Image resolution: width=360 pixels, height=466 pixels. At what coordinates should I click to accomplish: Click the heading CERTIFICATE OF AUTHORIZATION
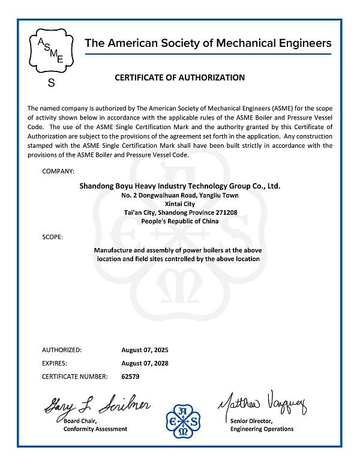[x=179, y=77]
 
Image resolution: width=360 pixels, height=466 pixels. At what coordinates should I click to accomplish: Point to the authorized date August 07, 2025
[x=140, y=349]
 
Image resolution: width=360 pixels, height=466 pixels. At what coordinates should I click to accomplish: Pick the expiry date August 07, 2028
[x=140, y=363]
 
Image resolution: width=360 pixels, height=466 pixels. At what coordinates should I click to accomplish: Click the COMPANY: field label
[x=58, y=172]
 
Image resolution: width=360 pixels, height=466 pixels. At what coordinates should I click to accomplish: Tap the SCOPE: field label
[x=52, y=237]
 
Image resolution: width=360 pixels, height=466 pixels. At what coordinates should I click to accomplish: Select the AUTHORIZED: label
[x=62, y=349]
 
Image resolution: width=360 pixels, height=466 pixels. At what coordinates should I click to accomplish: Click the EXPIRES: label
[x=55, y=363]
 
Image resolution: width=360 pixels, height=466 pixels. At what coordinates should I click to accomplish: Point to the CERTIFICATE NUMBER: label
[x=75, y=377]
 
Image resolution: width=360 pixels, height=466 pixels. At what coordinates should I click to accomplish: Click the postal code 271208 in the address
[x=226, y=213]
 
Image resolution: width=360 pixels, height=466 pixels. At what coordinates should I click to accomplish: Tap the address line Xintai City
[x=179, y=204]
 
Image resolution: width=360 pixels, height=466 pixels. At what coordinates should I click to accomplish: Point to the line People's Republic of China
[x=179, y=221]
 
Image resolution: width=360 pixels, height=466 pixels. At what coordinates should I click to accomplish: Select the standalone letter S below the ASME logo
[x=51, y=83]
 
